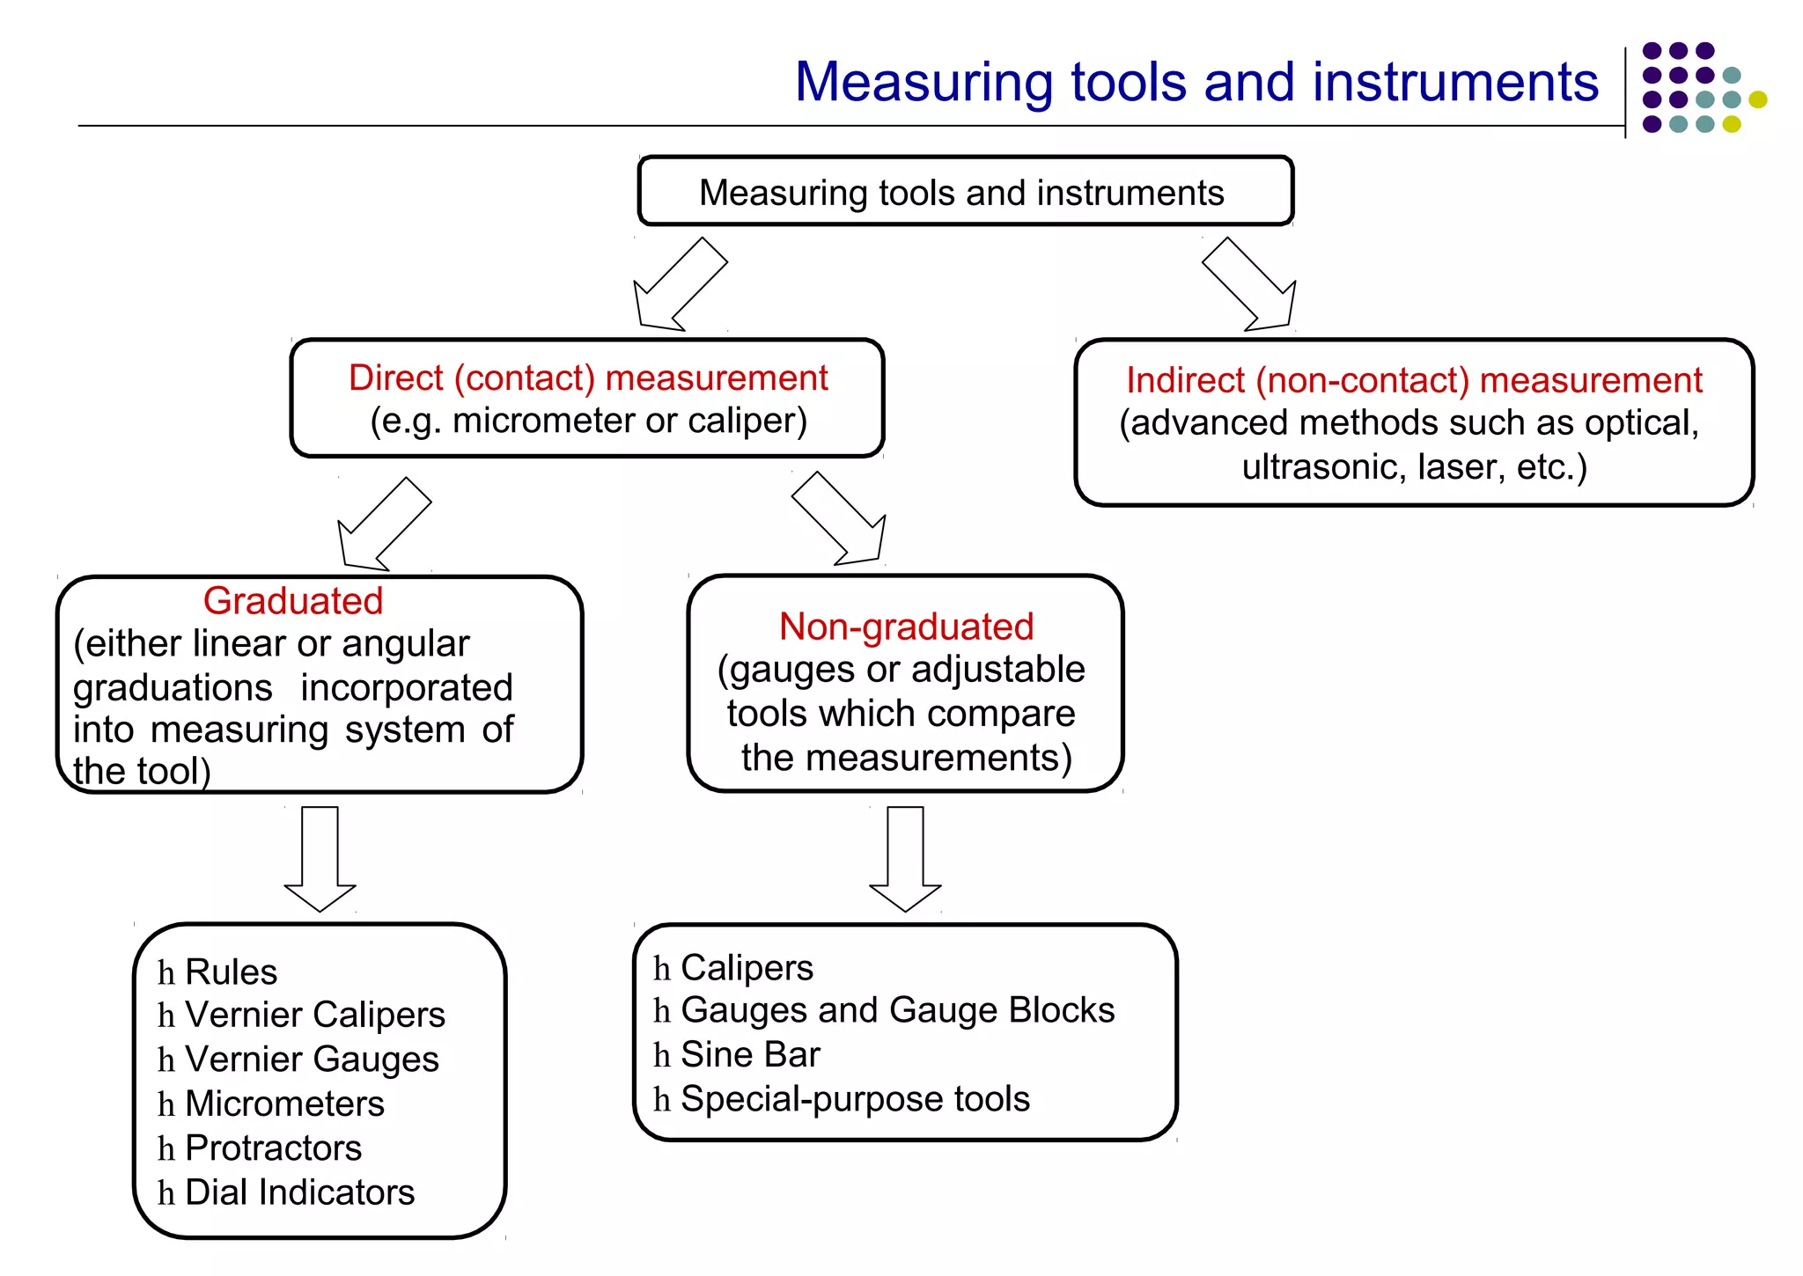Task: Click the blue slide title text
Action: coord(1196,82)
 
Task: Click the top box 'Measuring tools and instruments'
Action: coord(965,192)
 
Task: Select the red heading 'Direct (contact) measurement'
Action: coord(588,378)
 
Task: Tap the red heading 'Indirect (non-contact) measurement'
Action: coord(1414,380)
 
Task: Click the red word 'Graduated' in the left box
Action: coord(293,601)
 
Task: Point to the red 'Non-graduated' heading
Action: coord(906,627)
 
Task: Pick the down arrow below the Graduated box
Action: coord(320,858)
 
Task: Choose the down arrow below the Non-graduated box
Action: coord(905,858)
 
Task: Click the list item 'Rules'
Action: coord(231,972)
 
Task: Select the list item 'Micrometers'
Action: coord(284,1104)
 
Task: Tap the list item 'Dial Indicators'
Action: coord(299,1192)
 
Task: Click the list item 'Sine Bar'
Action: coord(750,1054)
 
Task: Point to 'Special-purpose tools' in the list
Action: coord(855,1099)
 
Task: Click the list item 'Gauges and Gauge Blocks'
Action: coord(897,1010)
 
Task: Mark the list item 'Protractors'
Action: coord(273,1148)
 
